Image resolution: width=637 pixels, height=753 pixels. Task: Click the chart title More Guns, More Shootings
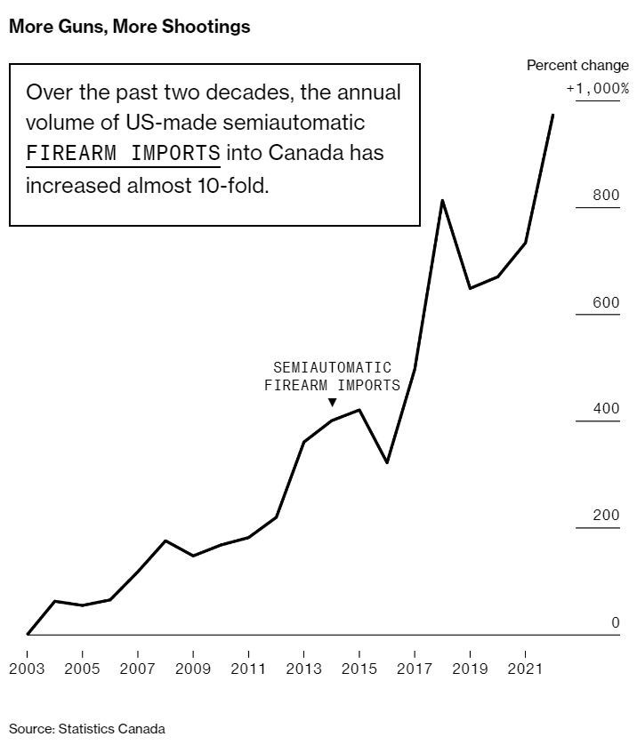[x=129, y=27]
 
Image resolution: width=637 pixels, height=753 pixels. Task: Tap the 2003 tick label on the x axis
[x=27, y=668]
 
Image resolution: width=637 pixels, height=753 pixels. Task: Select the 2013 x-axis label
[x=304, y=668]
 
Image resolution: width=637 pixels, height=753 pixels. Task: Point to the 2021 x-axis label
[x=526, y=668]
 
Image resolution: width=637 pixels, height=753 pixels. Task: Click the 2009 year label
[x=193, y=668]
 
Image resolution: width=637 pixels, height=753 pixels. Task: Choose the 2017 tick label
[x=415, y=668]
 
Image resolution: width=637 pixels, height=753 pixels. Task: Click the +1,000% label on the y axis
[x=597, y=89]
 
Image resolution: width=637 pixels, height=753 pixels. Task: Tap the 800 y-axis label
[x=606, y=196]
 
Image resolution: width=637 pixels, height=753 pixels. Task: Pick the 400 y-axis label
[x=606, y=409]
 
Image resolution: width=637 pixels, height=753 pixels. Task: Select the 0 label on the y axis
[x=615, y=622]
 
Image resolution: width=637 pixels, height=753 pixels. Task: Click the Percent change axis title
[x=577, y=66]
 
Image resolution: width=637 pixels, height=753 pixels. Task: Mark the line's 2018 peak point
[x=442, y=201]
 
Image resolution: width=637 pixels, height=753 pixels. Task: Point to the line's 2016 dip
[x=387, y=462]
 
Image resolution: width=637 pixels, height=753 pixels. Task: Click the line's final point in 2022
[x=553, y=115]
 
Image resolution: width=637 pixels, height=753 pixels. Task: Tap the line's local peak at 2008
[x=165, y=541]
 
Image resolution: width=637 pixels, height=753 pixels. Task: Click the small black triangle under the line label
[x=332, y=403]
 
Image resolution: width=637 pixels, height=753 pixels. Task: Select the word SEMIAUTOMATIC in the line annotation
[x=332, y=367]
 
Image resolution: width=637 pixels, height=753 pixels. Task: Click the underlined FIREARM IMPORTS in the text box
[x=123, y=152]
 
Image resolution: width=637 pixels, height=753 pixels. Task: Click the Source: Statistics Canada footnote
[x=87, y=729]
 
